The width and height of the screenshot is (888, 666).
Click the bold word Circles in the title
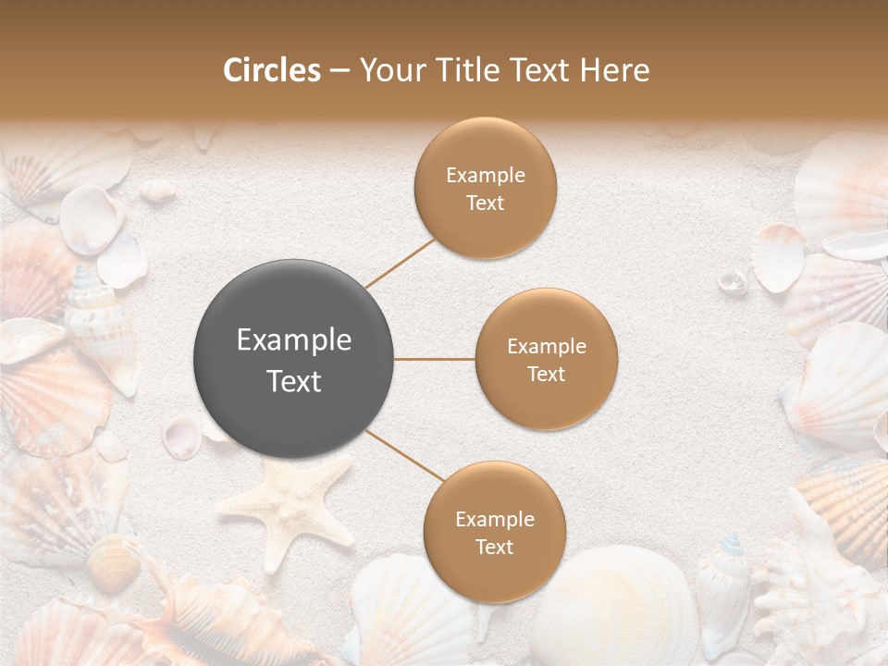pyautogui.click(x=271, y=70)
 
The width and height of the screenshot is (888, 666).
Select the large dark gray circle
pyautogui.click(x=294, y=359)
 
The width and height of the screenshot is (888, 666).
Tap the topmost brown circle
pyautogui.click(x=486, y=188)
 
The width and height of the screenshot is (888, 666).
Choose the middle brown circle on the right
pyautogui.click(x=546, y=359)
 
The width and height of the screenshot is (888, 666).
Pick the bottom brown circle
pyautogui.click(x=494, y=532)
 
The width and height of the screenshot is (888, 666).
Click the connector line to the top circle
pyautogui.click(x=400, y=263)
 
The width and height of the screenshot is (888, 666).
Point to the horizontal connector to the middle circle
pyautogui.click(x=435, y=359)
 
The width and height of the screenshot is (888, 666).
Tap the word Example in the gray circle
pyautogui.click(x=294, y=340)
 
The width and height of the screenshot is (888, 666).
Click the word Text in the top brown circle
pyautogui.click(x=486, y=203)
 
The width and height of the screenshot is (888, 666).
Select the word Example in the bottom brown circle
pyautogui.click(x=494, y=519)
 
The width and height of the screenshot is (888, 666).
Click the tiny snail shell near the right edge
pyautogui.click(x=733, y=279)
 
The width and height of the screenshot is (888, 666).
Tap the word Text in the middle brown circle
pyautogui.click(x=546, y=374)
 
